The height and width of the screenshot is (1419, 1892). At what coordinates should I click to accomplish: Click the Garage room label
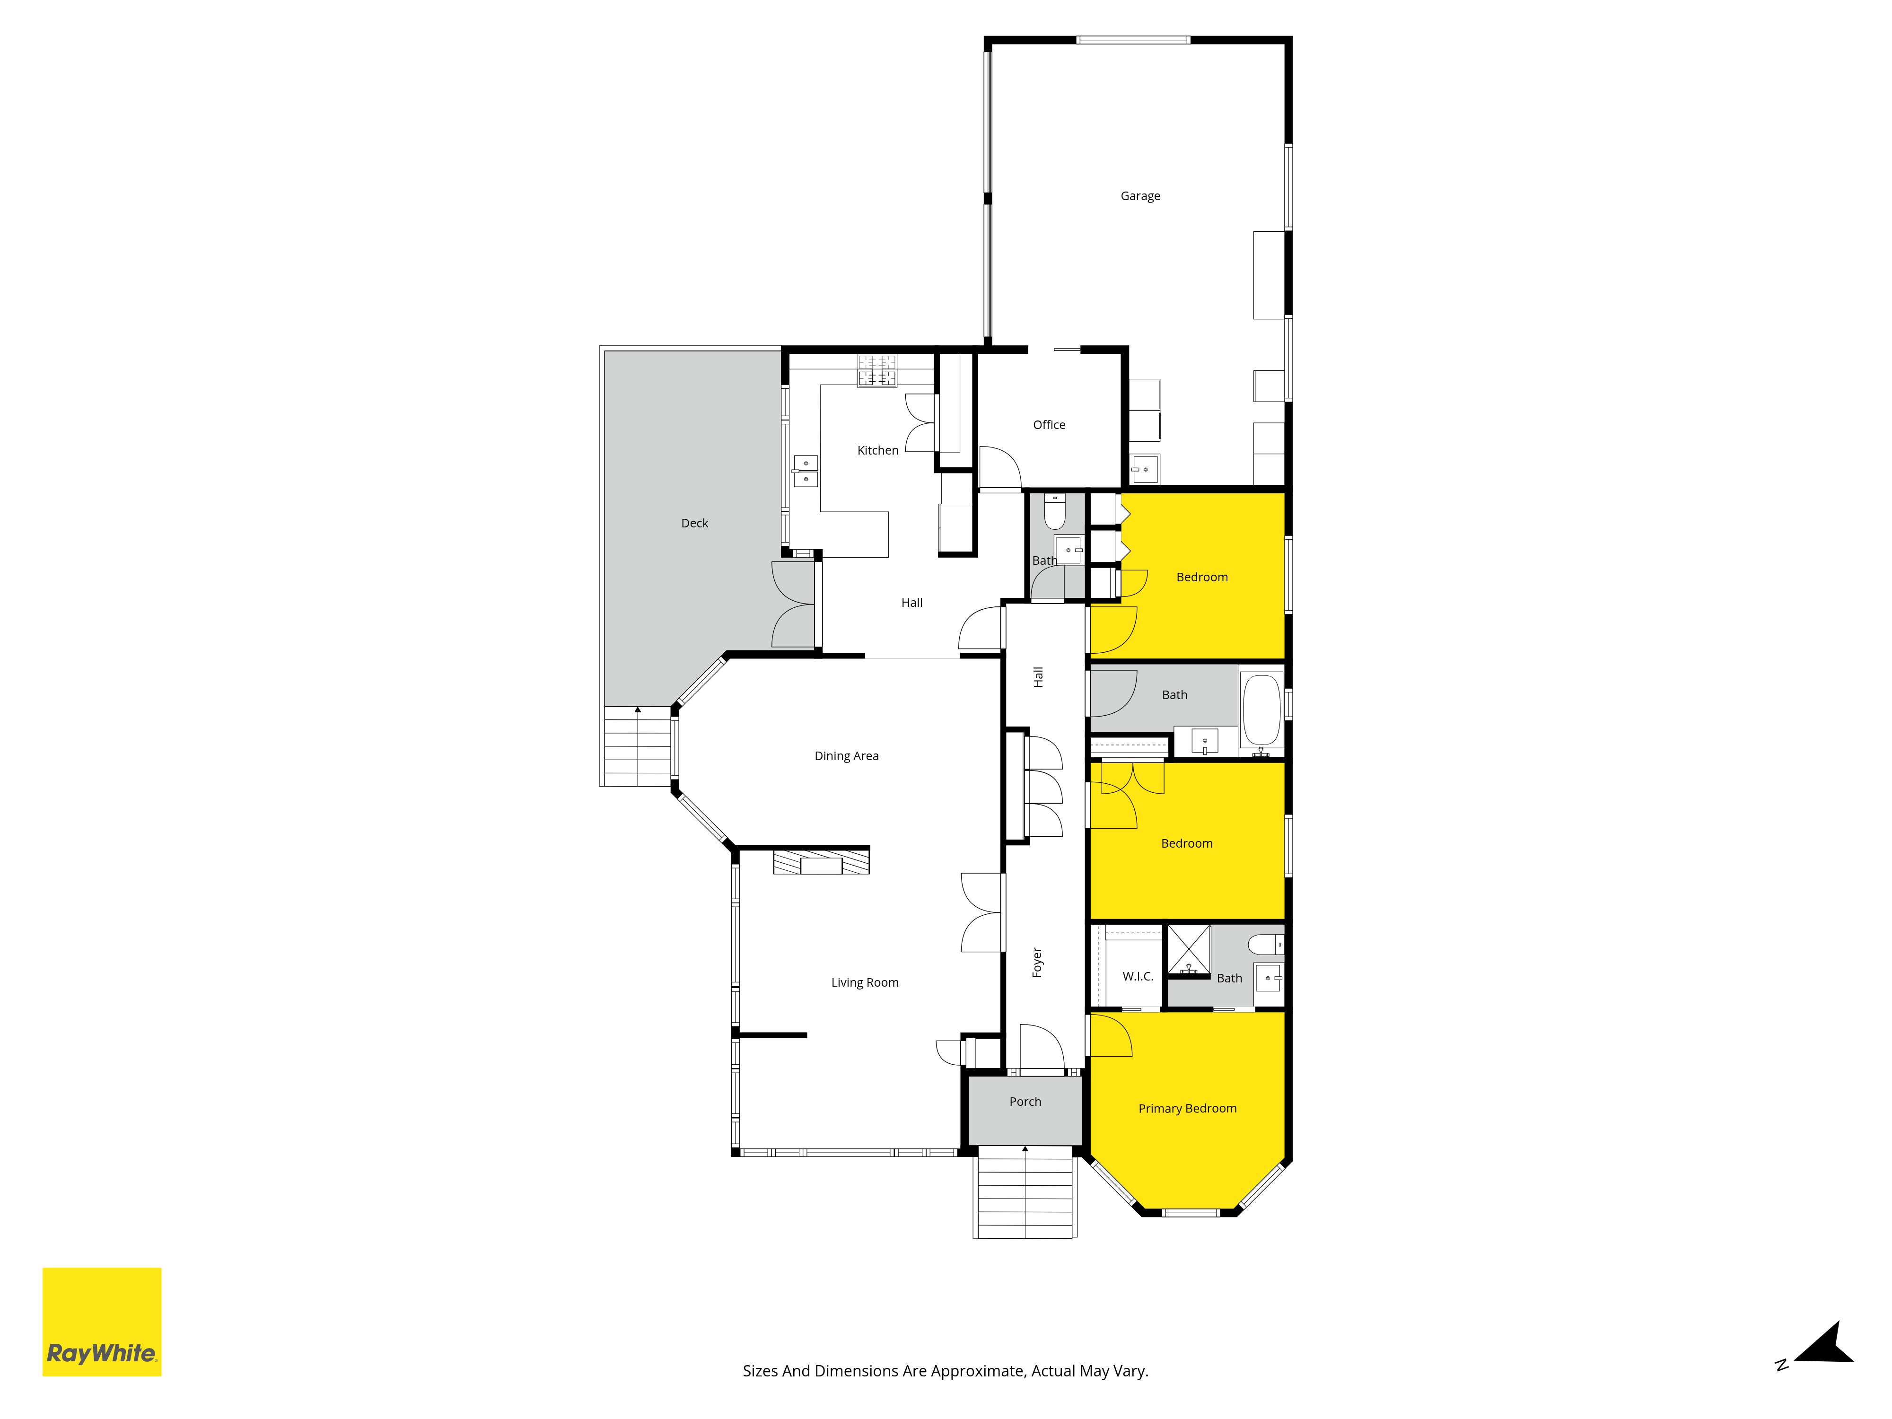1140,196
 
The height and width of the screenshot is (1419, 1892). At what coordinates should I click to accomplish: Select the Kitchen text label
877,451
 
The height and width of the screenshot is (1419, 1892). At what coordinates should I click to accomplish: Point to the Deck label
694,524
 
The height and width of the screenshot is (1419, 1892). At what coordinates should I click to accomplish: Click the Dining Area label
846,756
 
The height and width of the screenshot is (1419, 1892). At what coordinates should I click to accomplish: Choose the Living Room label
865,983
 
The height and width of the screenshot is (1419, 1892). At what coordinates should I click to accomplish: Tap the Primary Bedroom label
1187,1109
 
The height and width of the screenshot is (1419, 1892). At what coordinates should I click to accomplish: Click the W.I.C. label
1138,977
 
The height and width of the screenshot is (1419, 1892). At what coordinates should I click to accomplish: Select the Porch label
1025,1102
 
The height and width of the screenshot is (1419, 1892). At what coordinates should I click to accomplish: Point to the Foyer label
1037,962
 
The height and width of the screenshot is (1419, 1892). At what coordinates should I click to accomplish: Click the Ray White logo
102,1323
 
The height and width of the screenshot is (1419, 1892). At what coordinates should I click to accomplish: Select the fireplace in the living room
821,860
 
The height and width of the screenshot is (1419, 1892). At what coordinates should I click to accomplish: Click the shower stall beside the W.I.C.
1189,949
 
